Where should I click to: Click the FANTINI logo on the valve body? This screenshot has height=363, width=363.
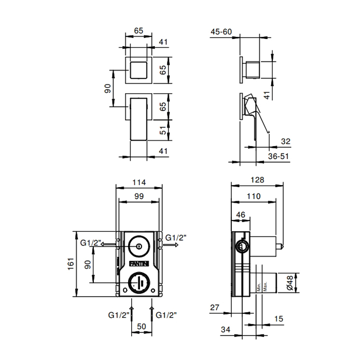(139, 263)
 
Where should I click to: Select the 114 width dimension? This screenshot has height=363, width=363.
(139, 183)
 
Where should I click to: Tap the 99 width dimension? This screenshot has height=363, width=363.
(139, 197)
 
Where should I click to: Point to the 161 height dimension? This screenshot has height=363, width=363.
(71, 263)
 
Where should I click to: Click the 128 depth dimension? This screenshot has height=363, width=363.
(257, 180)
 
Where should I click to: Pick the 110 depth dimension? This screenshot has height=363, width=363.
(254, 197)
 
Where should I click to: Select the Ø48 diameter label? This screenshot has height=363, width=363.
(289, 283)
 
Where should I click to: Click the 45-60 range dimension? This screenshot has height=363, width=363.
(221, 32)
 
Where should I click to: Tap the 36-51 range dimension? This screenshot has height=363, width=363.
(278, 156)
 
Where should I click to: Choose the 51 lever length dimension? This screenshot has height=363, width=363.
(163, 130)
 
